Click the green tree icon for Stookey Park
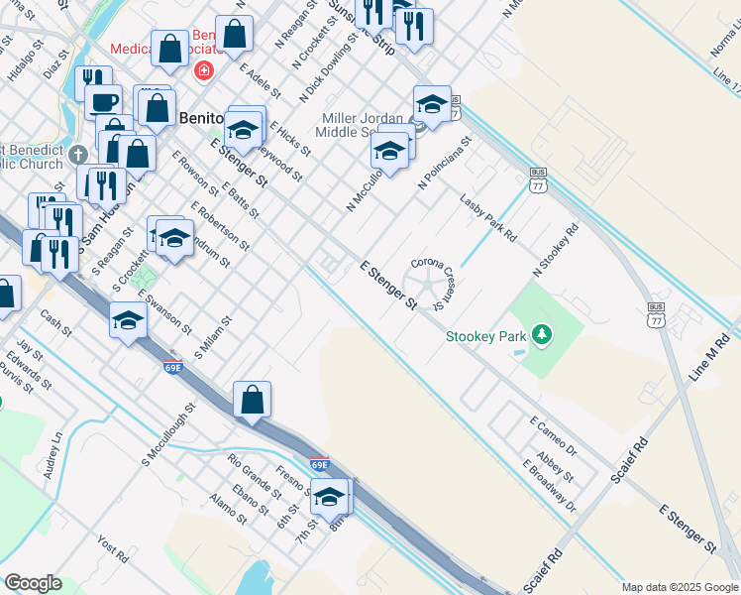(541, 335)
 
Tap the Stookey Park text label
(485, 337)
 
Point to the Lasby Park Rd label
(488, 218)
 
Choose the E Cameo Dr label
(553, 436)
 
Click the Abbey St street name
(555, 463)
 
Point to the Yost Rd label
(112, 549)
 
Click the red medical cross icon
(204, 70)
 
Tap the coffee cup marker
(103, 101)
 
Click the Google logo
(33, 583)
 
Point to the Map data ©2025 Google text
(680, 587)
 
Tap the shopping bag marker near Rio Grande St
(253, 400)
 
